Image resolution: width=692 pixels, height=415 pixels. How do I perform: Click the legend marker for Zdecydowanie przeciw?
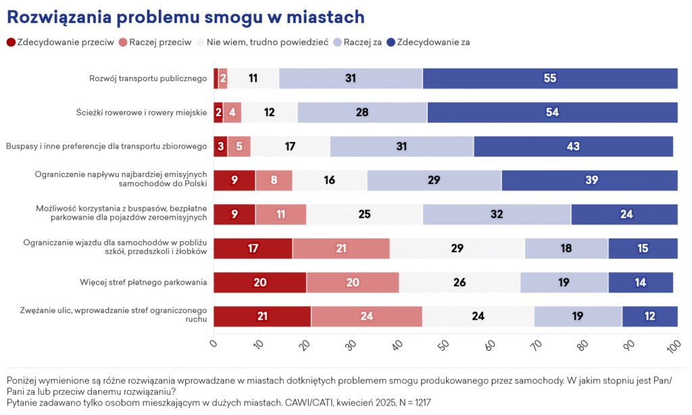(x=11, y=42)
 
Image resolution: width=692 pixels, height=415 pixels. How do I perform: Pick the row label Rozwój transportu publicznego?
(x=147, y=78)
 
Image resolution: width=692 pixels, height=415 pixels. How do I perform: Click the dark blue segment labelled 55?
(x=549, y=78)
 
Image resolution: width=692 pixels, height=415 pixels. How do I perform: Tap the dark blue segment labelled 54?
(x=552, y=112)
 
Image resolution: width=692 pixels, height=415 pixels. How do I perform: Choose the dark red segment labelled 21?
(x=262, y=316)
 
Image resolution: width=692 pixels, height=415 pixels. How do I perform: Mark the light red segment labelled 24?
(x=366, y=316)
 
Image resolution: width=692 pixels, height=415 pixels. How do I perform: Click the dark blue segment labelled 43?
(x=573, y=147)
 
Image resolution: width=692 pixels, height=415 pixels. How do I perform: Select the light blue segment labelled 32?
(x=497, y=214)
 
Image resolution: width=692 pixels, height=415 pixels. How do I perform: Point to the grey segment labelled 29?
(x=457, y=248)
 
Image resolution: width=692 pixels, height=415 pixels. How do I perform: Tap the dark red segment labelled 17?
(x=253, y=248)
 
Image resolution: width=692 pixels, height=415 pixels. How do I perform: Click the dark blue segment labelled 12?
(x=649, y=316)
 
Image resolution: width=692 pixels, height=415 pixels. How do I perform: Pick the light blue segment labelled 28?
(x=362, y=112)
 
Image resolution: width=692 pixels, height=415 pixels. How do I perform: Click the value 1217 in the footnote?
(x=418, y=402)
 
